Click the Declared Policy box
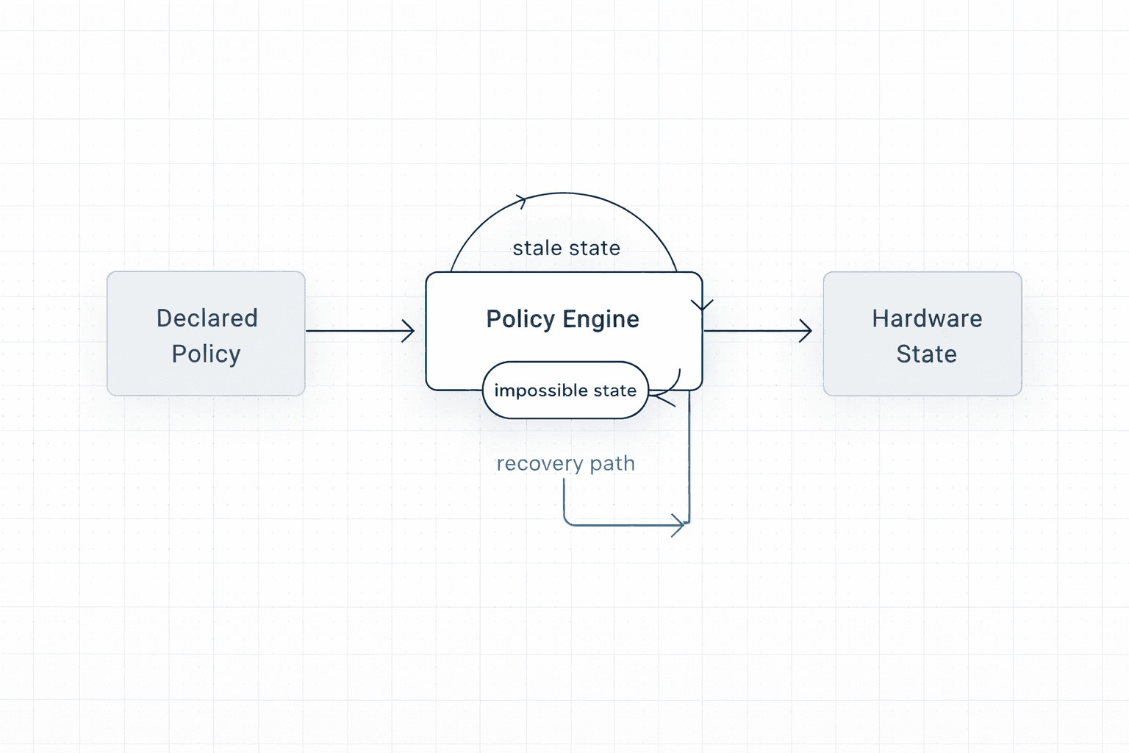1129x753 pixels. coord(206,334)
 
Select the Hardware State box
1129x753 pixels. coord(922,334)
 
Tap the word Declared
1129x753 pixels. coord(207,318)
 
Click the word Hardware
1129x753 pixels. coord(927,318)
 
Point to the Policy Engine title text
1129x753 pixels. coord(562,319)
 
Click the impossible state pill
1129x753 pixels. coord(565,390)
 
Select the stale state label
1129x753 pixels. coord(566,249)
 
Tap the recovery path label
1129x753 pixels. coord(565,464)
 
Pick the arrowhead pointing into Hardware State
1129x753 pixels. coord(807,331)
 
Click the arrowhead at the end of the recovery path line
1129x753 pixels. coord(680,525)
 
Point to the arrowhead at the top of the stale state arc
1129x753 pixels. coord(522,200)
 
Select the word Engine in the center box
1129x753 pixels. coord(601,319)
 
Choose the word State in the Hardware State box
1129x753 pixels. coord(926,354)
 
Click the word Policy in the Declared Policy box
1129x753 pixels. coord(206,354)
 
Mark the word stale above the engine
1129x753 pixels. coord(536,249)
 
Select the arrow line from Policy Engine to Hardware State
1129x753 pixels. coord(753,331)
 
